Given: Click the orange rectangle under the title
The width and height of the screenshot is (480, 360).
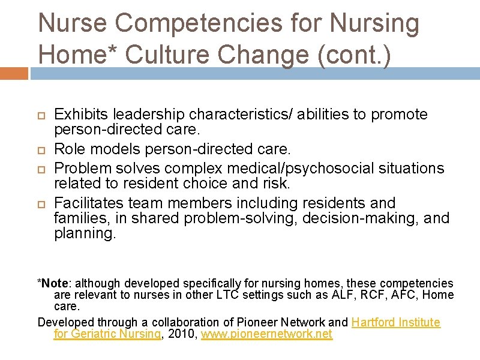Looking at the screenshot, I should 14,73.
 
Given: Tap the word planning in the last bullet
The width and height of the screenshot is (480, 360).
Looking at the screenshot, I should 83,233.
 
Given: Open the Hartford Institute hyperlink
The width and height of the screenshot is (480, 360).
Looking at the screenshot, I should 395,322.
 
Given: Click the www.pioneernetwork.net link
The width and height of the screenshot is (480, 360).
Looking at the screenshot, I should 266,334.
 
